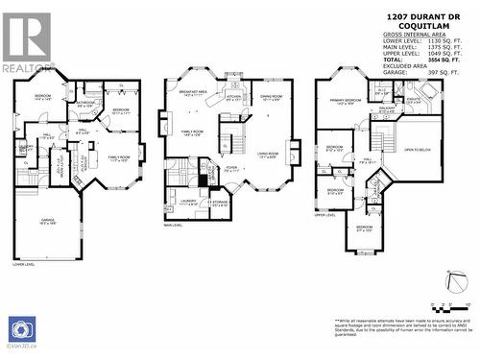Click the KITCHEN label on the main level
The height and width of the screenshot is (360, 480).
(x=234, y=98)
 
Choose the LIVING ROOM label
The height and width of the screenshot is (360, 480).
(x=267, y=155)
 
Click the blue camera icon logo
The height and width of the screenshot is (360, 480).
(x=21, y=329)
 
